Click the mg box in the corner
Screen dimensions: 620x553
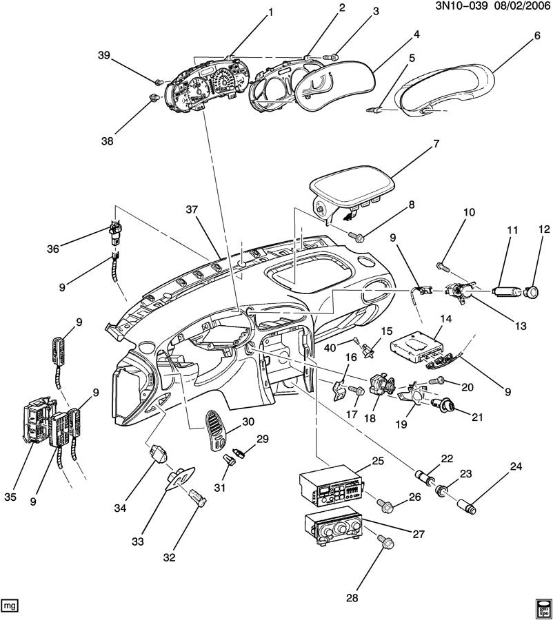pyautogui.click(x=10, y=606)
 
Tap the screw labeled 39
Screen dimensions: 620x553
pyautogui.click(x=159, y=82)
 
